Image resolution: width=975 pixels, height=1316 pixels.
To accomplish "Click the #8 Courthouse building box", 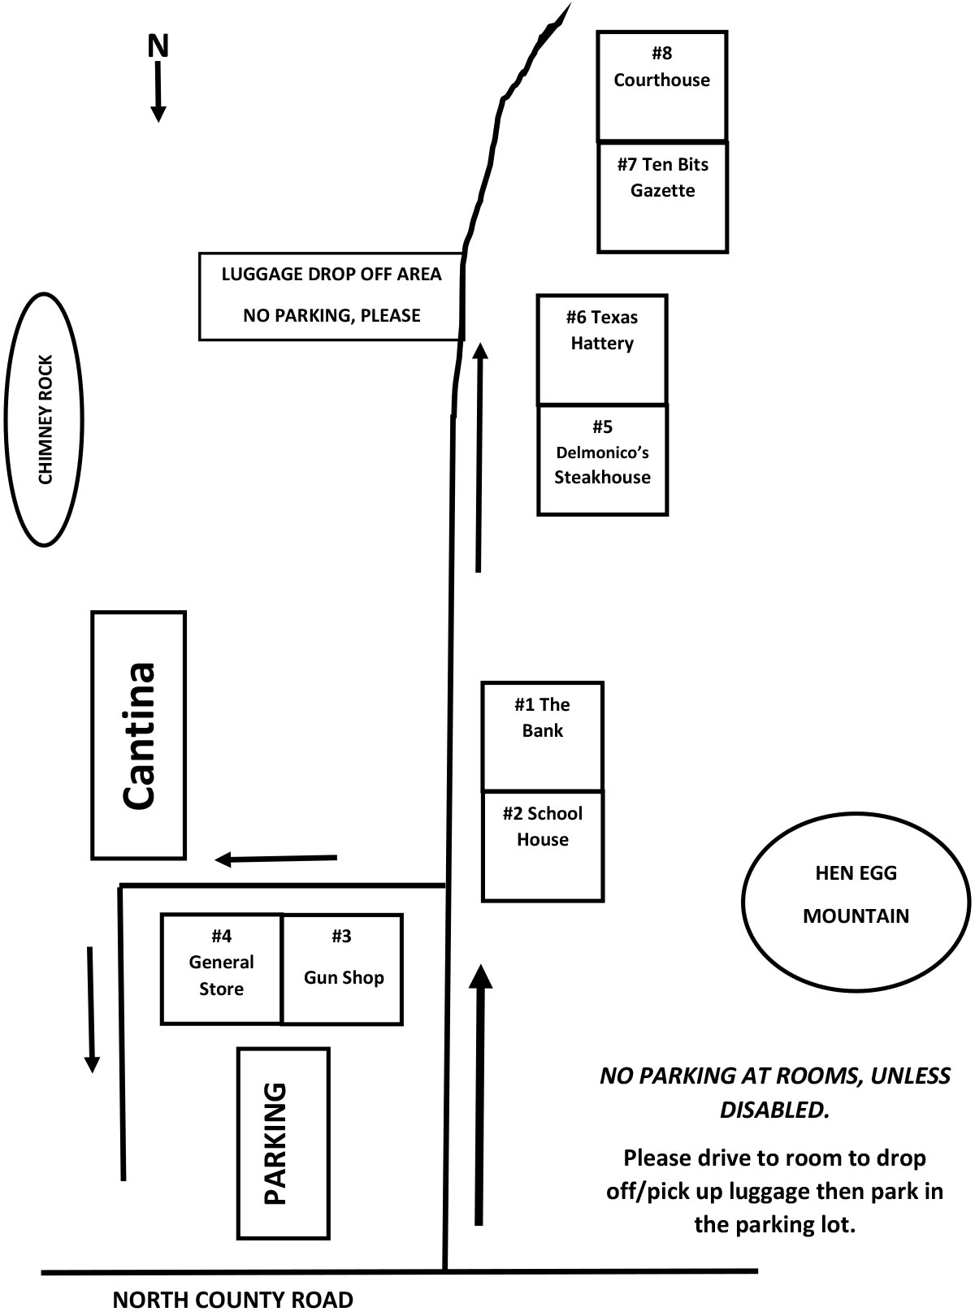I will (x=661, y=85).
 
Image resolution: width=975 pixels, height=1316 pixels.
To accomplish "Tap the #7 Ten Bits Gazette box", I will (x=662, y=196).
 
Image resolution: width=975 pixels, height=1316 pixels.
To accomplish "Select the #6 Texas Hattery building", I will (x=602, y=348).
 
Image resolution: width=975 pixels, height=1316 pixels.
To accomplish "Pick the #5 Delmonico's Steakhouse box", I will (x=602, y=459).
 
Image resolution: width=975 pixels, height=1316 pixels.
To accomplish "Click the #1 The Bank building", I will (x=542, y=735).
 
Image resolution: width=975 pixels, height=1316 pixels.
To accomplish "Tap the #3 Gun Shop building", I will (x=342, y=968).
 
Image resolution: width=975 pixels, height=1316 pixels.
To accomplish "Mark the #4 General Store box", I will (x=221, y=968).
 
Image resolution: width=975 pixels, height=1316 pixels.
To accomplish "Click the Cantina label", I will (x=139, y=735).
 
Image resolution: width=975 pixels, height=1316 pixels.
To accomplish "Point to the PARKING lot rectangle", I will (x=283, y=1143).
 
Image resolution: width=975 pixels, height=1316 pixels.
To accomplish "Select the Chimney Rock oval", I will (x=45, y=419).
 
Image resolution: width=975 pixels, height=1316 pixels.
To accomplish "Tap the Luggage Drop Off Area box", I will (x=331, y=295).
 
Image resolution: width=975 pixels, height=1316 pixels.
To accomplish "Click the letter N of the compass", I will (x=158, y=46).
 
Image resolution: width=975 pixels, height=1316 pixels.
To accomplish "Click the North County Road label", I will (x=232, y=1300).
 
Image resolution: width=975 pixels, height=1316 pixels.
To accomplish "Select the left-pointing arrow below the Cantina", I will (x=275, y=858).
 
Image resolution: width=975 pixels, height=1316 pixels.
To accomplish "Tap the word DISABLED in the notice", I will (x=774, y=1110).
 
